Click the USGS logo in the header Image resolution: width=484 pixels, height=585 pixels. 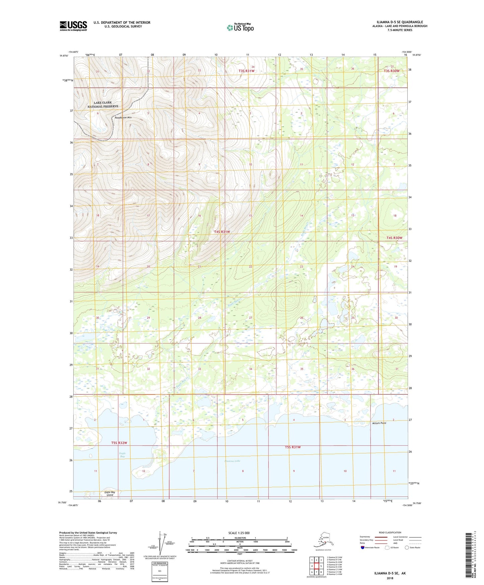click(x=73, y=26)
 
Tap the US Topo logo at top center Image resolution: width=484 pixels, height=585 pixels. click(x=240, y=27)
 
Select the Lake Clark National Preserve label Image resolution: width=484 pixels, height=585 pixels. click(x=103, y=105)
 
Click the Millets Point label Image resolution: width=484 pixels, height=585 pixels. click(x=379, y=423)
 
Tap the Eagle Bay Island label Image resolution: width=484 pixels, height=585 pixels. click(x=110, y=493)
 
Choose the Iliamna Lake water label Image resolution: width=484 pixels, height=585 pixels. click(x=232, y=461)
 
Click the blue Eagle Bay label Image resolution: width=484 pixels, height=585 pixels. click(x=122, y=455)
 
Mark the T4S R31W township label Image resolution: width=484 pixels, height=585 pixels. click(x=222, y=232)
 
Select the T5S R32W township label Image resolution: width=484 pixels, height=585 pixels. click(x=119, y=443)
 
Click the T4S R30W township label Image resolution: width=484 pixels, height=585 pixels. click(x=394, y=238)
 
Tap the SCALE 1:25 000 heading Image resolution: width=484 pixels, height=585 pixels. click(x=239, y=533)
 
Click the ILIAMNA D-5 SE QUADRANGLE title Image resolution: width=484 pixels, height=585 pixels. click(x=397, y=22)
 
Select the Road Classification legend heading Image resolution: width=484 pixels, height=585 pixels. click(x=390, y=532)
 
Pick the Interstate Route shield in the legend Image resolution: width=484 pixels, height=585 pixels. click(x=362, y=547)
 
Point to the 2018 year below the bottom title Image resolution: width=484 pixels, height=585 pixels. click(x=390, y=578)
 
